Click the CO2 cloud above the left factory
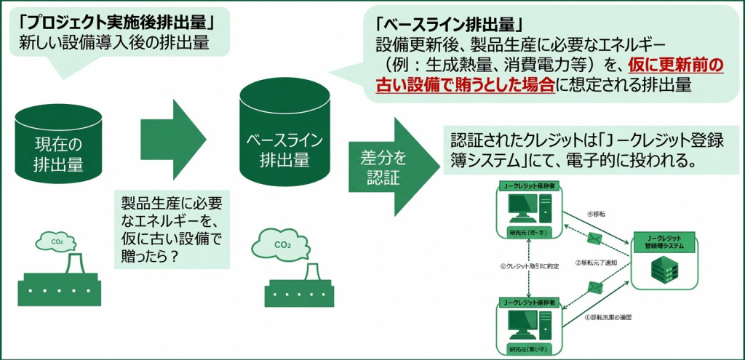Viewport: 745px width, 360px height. click(57, 241)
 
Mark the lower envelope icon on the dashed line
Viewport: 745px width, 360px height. click(593, 292)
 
